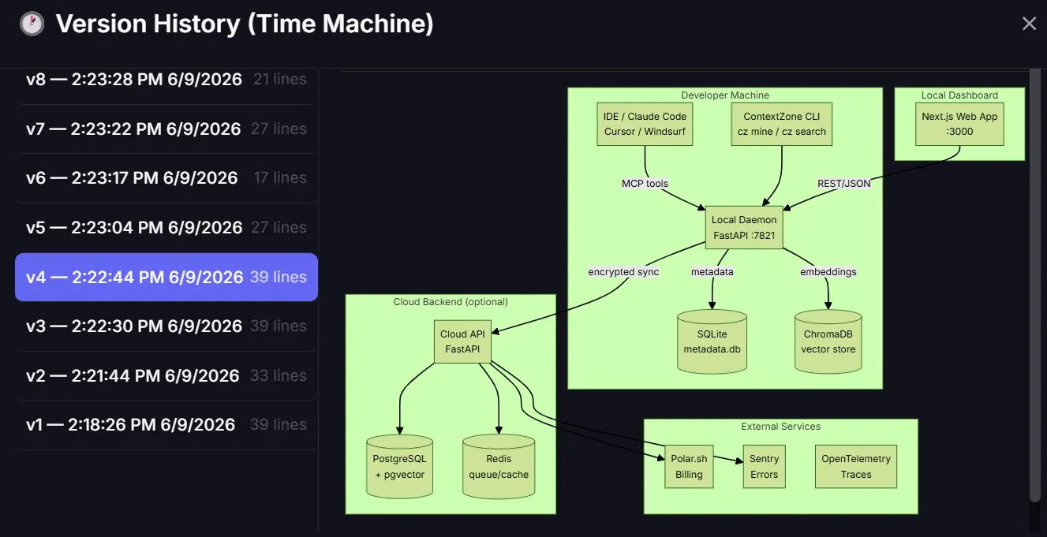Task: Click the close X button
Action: coord(1029,24)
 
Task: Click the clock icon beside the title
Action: coord(32,24)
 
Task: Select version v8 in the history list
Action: coord(166,80)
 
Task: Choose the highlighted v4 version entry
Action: coord(166,277)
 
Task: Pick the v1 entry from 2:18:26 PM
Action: coord(166,424)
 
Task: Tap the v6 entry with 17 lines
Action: coord(166,178)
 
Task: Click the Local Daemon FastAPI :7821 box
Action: coord(744,227)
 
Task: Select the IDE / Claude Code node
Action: coord(645,124)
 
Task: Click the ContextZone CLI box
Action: coord(782,124)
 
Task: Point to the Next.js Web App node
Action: coord(959,124)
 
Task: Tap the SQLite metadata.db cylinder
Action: coord(712,341)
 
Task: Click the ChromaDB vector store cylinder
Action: coord(828,341)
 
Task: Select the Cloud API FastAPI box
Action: coord(462,341)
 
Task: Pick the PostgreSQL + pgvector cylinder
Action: coord(400,467)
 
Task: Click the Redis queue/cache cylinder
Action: coord(499,467)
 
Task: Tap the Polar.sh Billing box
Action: coord(689,467)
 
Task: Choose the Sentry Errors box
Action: coord(765,467)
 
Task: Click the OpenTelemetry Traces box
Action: coord(856,467)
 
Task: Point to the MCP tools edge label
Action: coord(645,184)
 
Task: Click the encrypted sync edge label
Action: coord(623,272)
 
